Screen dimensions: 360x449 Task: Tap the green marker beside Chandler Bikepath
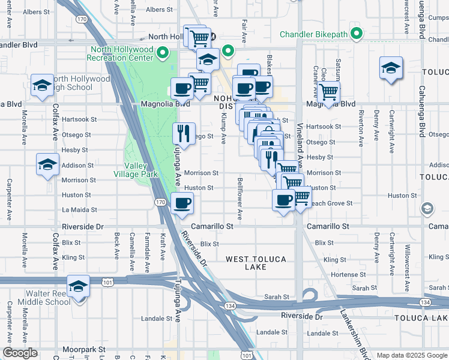pos(357,34)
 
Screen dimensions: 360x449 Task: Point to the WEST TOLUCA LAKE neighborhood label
pos(256,263)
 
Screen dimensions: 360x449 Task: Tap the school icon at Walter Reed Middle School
pos(78,286)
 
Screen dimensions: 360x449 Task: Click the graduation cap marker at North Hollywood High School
pos(42,86)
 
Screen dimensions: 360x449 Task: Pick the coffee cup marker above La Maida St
pos(181,203)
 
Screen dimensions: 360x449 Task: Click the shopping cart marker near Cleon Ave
pos(328,92)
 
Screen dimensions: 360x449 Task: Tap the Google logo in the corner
pos(20,353)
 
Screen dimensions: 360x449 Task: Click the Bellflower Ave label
pos(240,198)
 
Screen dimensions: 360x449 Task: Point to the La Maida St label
pos(78,211)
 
